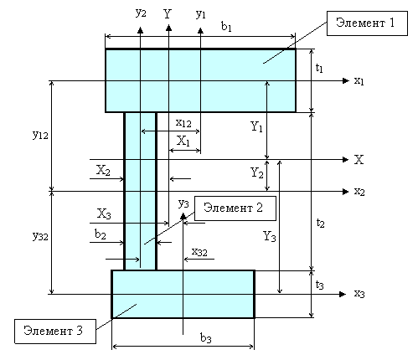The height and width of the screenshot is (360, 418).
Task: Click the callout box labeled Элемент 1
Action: click(x=367, y=23)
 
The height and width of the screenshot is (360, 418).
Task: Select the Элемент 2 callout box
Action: click(x=235, y=208)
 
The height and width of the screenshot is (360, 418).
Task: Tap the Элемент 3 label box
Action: click(x=55, y=332)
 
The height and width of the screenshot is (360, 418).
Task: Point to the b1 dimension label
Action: click(x=226, y=27)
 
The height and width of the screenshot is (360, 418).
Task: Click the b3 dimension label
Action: click(x=206, y=338)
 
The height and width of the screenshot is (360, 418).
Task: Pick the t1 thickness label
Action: click(x=319, y=68)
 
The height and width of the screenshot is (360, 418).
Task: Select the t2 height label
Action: click(x=320, y=223)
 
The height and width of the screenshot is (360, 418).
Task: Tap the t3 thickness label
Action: click(x=320, y=285)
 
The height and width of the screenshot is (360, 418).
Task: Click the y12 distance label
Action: click(x=40, y=135)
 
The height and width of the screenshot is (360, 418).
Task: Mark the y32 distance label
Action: click(x=40, y=236)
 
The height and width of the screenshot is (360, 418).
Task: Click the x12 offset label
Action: click(x=183, y=123)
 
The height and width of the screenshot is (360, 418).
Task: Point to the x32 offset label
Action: click(x=199, y=252)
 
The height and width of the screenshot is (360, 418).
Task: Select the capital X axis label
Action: click(x=359, y=160)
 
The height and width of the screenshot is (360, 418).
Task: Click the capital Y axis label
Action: click(x=168, y=13)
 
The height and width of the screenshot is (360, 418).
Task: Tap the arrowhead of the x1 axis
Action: click(x=346, y=80)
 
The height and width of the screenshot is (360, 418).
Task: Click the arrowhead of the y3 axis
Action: click(x=183, y=216)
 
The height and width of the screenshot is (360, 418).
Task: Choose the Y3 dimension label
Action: click(x=270, y=236)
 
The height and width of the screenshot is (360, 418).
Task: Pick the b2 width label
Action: click(x=101, y=234)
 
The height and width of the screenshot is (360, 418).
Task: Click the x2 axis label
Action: click(x=359, y=192)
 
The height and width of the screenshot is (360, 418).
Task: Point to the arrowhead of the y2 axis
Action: click(x=140, y=30)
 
